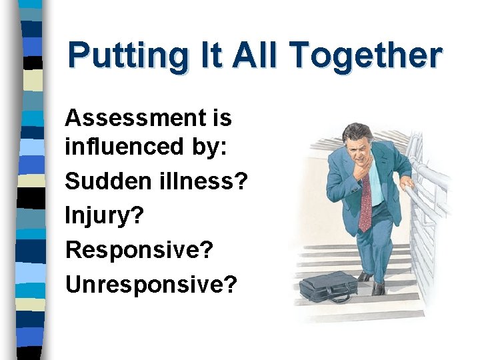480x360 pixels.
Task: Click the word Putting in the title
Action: [x=127, y=56]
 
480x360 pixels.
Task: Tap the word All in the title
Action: [x=256, y=56]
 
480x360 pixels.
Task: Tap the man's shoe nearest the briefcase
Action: [x=365, y=276]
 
